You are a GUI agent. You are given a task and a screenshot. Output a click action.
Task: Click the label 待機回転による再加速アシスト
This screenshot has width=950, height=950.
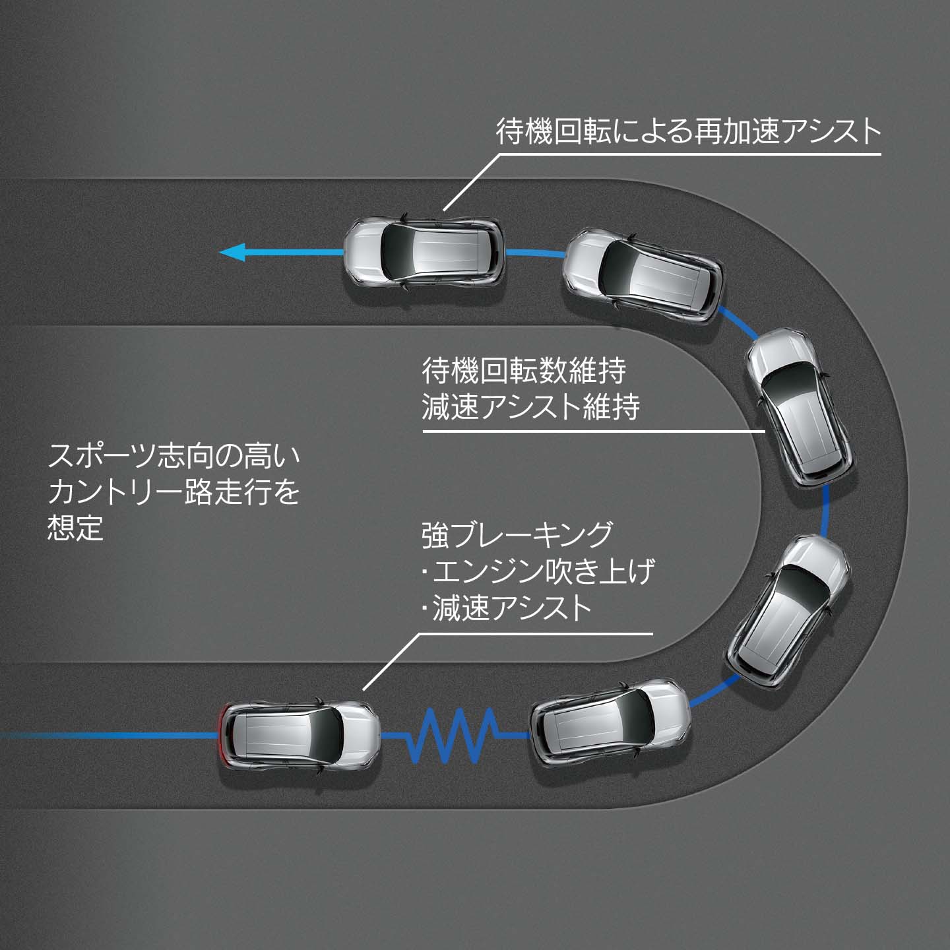(x=688, y=131)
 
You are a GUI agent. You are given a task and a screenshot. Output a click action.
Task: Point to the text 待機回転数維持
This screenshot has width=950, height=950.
(x=524, y=371)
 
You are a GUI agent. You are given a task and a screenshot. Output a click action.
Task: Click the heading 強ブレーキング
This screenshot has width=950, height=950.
(x=517, y=534)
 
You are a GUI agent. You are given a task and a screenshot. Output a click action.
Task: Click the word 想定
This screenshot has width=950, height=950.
(x=76, y=528)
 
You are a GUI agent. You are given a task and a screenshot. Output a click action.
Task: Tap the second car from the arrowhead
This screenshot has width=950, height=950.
(x=643, y=274)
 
